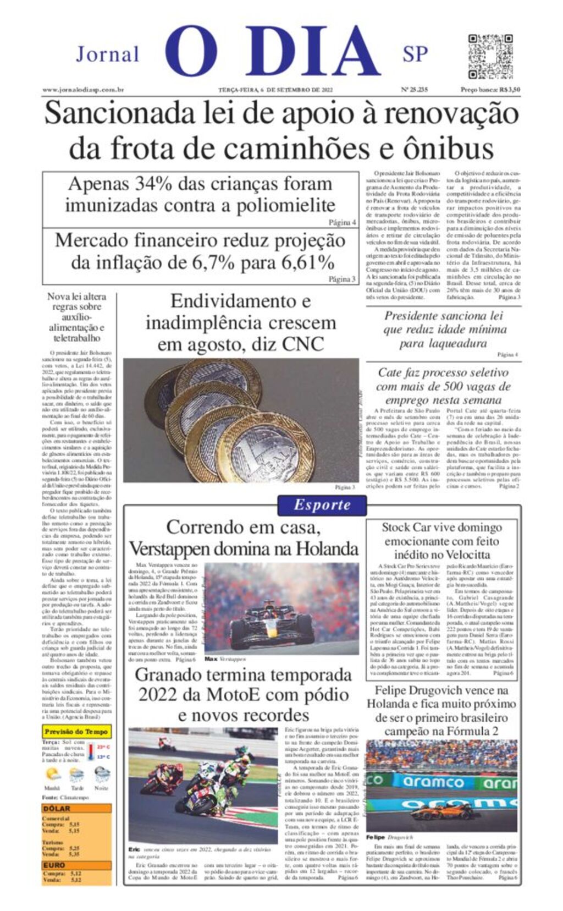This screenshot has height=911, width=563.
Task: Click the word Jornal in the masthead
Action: coord(107,54)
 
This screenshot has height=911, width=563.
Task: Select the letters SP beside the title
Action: coord(415,54)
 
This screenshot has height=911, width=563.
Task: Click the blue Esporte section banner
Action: coord(322,505)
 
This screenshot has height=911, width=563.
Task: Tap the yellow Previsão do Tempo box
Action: coord(76,732)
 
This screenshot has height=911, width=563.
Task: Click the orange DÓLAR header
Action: coord(57,809)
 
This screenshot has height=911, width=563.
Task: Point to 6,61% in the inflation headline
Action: coord(308,262)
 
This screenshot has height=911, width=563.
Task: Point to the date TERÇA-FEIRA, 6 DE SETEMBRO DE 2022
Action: coord(275,90)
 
